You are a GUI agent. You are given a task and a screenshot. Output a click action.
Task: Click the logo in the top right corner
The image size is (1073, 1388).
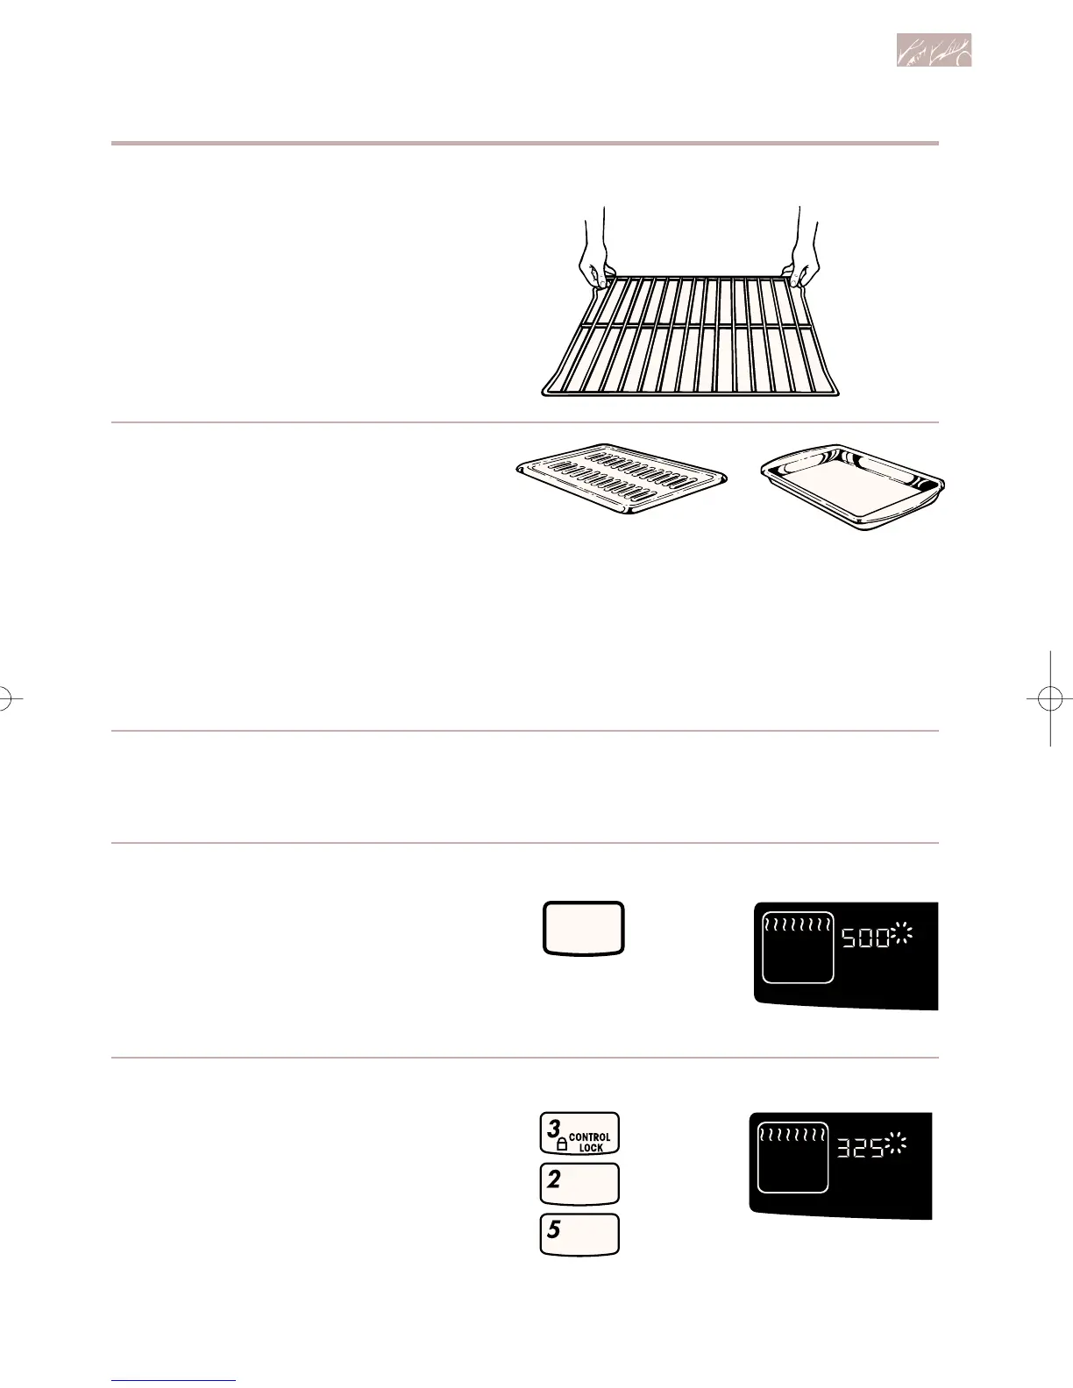click(934, 52)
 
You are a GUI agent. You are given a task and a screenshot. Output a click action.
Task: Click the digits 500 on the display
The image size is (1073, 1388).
click(865, 942)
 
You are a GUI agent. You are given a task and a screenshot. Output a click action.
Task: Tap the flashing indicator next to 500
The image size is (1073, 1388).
click(902, 938)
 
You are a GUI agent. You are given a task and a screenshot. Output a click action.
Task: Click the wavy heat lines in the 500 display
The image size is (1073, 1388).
click(798, 924)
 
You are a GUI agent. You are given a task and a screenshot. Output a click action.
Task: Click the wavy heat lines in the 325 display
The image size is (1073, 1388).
click(792, 1135)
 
